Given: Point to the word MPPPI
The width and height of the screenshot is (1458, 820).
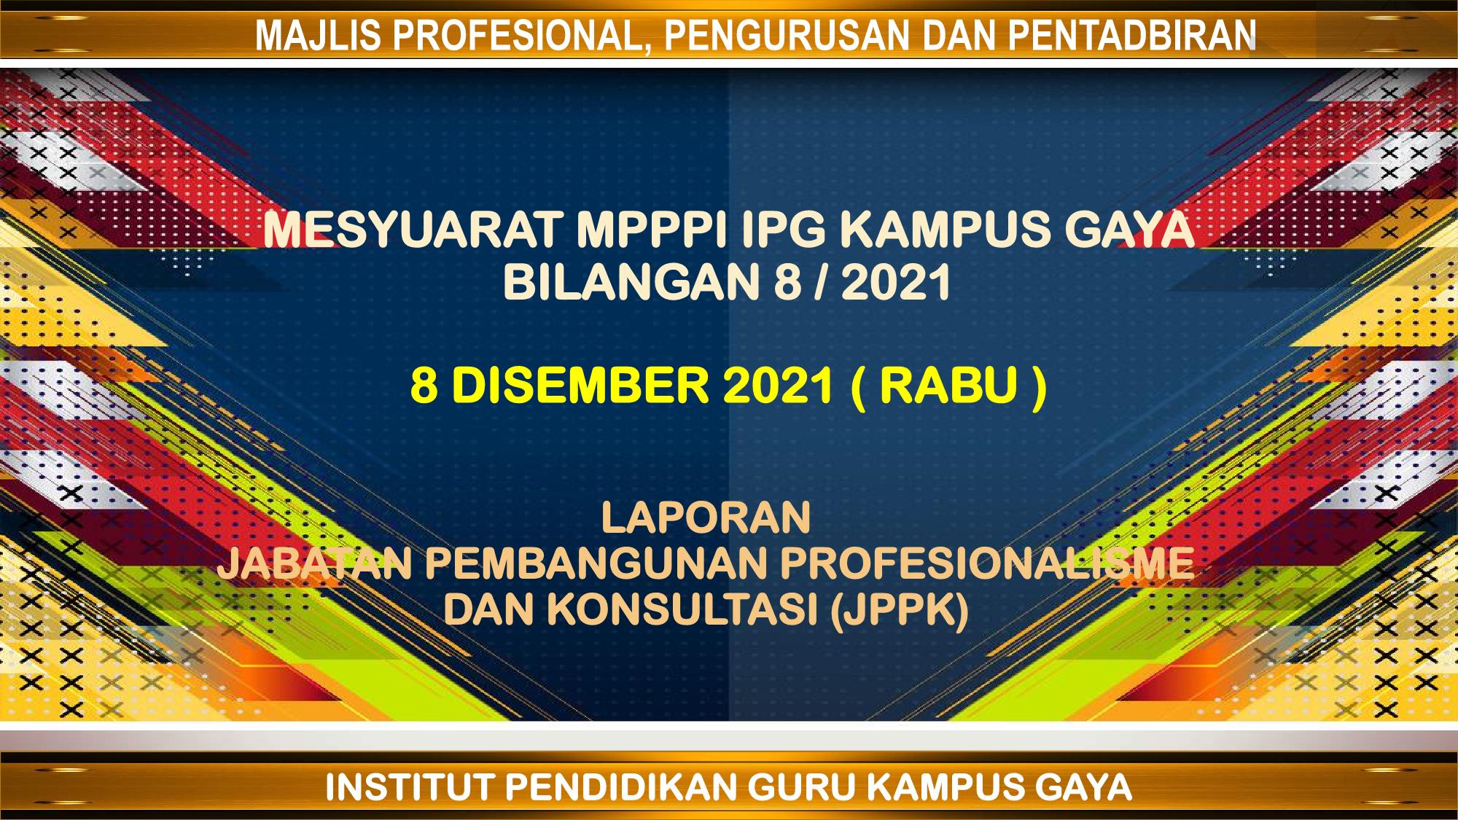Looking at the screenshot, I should click(x=652, y=230).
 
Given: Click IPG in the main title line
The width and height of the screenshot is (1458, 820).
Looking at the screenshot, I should click(x=784, y=230).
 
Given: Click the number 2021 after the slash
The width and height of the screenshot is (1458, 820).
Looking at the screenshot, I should click(x=896, y=283).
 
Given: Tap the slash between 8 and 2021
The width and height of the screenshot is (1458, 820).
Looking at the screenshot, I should click(x=822, y=283).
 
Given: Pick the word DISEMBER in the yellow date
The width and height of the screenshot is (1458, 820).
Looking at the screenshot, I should click(x=580, y=386).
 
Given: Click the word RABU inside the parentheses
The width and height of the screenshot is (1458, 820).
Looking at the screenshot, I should click(x=948, y=386).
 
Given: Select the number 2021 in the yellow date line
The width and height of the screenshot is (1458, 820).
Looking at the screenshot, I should click(x=778, y=386).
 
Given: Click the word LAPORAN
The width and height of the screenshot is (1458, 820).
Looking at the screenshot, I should click(x=706, y=518).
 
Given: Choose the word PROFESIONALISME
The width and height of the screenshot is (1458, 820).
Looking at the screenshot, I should click(x=987, y=564).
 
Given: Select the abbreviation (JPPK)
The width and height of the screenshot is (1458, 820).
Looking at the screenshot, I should click(x=900, y=611).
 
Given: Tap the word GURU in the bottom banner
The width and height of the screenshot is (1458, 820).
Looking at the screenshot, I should click(x=802, y=788).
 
